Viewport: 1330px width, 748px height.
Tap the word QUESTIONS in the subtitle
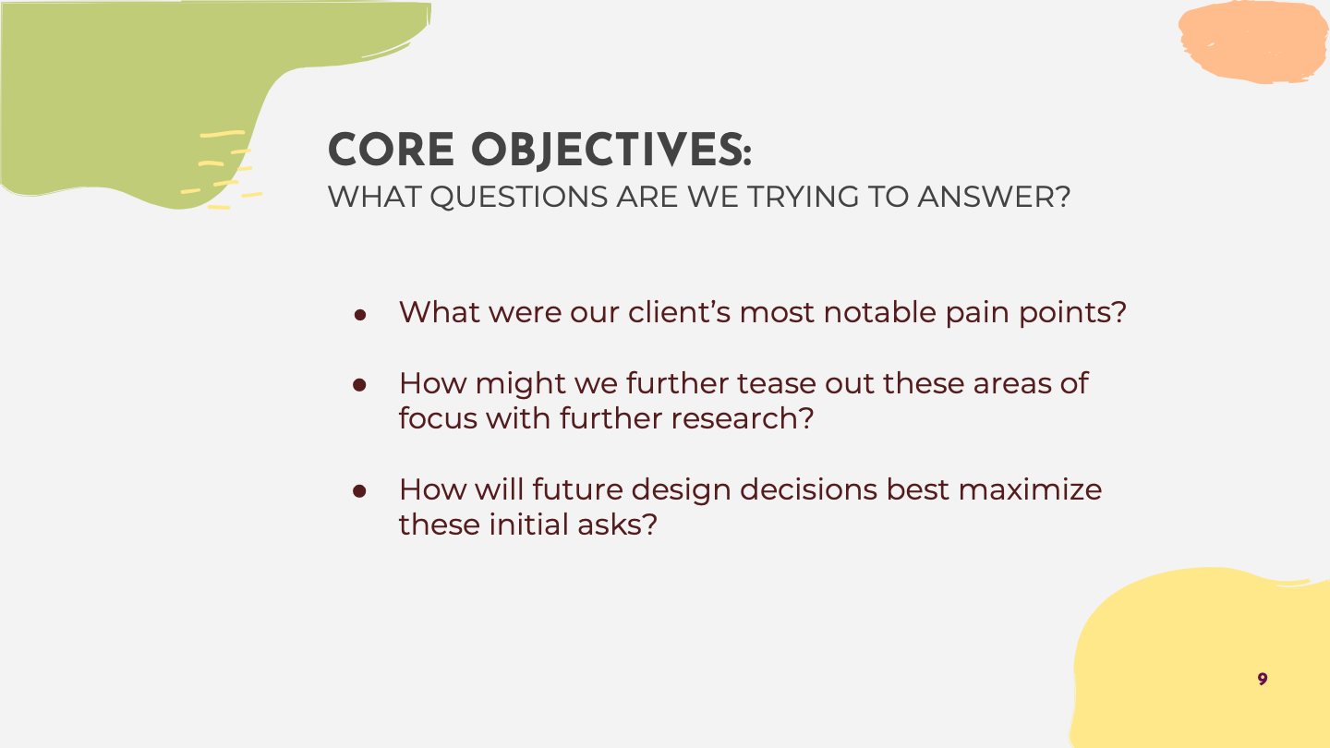(x=519, y=197)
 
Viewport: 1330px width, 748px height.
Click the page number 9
(x=1263, y=679)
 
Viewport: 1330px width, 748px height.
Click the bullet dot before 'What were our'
(x=360, y=315)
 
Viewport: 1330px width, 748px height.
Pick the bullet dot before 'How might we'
(x=359, y=385)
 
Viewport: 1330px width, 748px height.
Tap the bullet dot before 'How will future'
(x=359, y=491)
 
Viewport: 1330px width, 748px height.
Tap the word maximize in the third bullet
(x=1030, y=489)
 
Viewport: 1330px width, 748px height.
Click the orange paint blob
(x=1253, y=42)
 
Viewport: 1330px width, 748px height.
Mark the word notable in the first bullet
(x=880, y=312)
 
